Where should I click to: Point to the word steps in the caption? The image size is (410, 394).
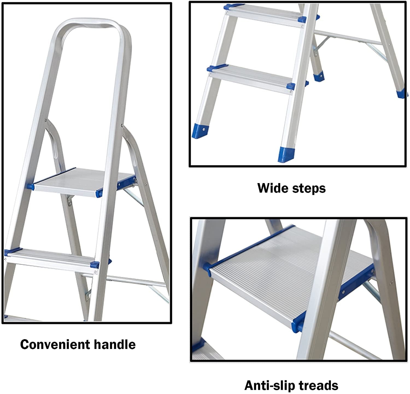click(309, 189)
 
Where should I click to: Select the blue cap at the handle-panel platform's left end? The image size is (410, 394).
click(30, 187)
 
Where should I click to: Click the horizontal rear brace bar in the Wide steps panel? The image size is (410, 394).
click(347, 38)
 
